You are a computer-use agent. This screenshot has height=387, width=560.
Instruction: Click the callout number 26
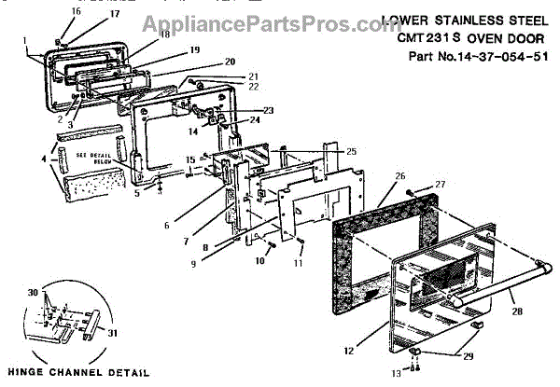(400, 175)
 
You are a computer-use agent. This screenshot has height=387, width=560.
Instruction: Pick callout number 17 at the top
(89, 15)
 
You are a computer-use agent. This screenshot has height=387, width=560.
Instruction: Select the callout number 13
(394, 372)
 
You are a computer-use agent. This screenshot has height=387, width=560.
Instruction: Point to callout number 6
(192, 225)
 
